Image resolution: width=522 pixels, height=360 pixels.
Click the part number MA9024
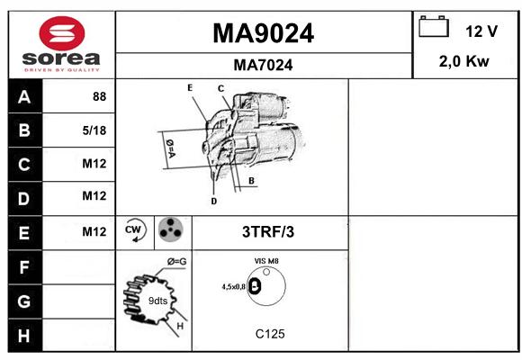(263, 33)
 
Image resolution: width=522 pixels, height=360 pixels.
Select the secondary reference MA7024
(263, 65)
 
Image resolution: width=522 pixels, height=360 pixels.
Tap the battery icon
(434, 26)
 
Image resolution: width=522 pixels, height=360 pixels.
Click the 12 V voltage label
(481, 31)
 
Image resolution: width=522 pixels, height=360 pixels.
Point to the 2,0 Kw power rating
(464, 61)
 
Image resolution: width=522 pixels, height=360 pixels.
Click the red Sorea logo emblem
(62, 33)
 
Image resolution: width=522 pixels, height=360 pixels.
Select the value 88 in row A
(100, 96)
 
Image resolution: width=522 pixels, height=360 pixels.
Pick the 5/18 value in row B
(94, 130)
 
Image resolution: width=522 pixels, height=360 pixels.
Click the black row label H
(25, 336)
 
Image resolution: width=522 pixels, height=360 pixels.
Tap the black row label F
(25, 267)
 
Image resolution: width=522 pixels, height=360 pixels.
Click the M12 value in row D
(94, 196)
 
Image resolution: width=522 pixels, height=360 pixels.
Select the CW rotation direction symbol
(134, 229)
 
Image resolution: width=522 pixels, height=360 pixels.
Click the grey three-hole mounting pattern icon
(170, 229)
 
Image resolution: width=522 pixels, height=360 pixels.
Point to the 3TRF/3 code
(268, 232)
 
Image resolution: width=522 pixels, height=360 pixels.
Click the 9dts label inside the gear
(157, 301)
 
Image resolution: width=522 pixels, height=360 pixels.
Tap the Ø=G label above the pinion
(176, 262)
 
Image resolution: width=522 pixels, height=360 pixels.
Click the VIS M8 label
(266, 261)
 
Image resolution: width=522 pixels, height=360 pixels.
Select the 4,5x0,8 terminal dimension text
(234, 287)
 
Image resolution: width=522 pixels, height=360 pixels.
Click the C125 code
(270, 334)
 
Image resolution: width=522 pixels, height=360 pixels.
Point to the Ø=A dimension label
(170, 148)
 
